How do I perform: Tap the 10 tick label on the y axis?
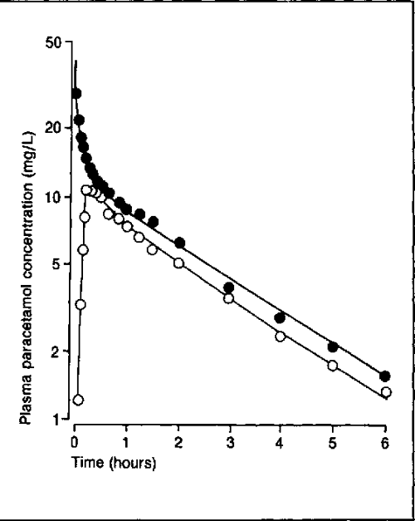pyautogui.click(x=56, y=197)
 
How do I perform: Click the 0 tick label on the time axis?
pyautogui.click(x=75, y=440)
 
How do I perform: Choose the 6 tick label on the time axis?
pyautogui.click(x=384, y=440)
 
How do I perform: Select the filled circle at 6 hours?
pyautogui.click(x=384, y=376)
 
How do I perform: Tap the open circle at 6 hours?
pyautogui.click(x=385, y=392)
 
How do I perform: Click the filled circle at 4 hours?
pyautogui.click(x=281, y=318)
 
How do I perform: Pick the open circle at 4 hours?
pyautogui.click(x=281, y=337)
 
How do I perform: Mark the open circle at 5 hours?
pyautogui.click(x=333, y=366)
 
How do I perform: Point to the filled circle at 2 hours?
pyautogui.click(x=179, y=243)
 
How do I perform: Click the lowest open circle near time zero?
pyautogui.click(x=78, y=400)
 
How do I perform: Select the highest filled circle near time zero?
pyautogui.click(x=76, y=94)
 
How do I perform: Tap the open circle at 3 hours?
pyautogui.click(x=229, y=298)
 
